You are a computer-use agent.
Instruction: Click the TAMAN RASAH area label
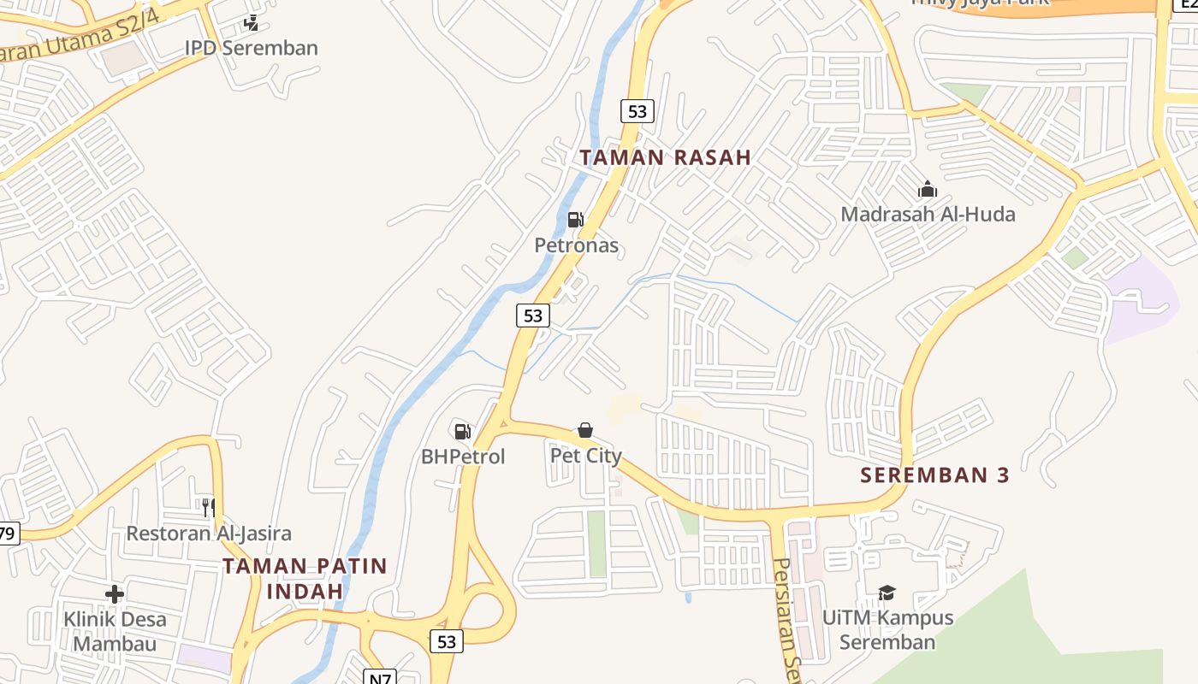coord(665,157)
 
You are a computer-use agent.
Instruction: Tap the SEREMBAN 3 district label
coord(934,475)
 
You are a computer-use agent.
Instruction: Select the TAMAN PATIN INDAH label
coord(305,578)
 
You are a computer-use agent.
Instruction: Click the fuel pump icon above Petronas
coord(576,220)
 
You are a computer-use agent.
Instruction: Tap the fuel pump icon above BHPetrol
coord(463,431)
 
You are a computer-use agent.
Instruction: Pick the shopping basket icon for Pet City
coord(585,429)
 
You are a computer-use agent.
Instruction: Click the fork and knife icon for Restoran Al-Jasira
coord(208,508)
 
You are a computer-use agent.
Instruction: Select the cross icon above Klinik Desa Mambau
coord(115,593)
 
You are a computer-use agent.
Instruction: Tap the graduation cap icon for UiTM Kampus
coord(887,592)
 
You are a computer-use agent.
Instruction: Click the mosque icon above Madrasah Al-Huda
coord(928,189)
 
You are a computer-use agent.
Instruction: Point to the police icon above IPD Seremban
coord(251,23)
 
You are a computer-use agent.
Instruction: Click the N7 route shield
coord(380,678)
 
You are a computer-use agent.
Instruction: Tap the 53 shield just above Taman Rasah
coord(638,111)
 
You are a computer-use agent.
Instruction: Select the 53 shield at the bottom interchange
coord(446,641)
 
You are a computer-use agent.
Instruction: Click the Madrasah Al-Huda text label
coord(928,214)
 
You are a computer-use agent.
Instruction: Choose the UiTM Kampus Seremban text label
coord(887,629)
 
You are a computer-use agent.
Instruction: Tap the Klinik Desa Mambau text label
coord(115,631)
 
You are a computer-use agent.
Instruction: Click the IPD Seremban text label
coord(251,48)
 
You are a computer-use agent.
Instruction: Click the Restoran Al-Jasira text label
coord(209,534)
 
